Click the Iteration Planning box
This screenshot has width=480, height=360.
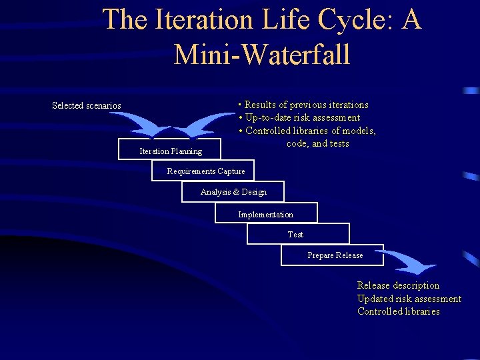coord(169,150)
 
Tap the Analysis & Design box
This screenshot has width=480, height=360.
coord(233,192)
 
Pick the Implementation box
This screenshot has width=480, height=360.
coord(265,214)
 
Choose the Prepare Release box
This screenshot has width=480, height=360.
coord(335,255)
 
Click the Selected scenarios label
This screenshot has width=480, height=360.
coord(87,105)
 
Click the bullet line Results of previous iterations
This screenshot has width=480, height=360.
coord(303,105)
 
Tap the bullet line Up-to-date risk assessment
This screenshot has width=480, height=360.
coord(299,118)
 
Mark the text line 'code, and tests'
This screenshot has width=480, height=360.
coord(317,144)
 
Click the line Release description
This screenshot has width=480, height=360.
coord(398,285)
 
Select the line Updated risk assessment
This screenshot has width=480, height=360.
coord(409,299)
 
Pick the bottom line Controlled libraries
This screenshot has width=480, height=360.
coord(398,311)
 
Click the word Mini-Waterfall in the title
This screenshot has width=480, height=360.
coord(261,53)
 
